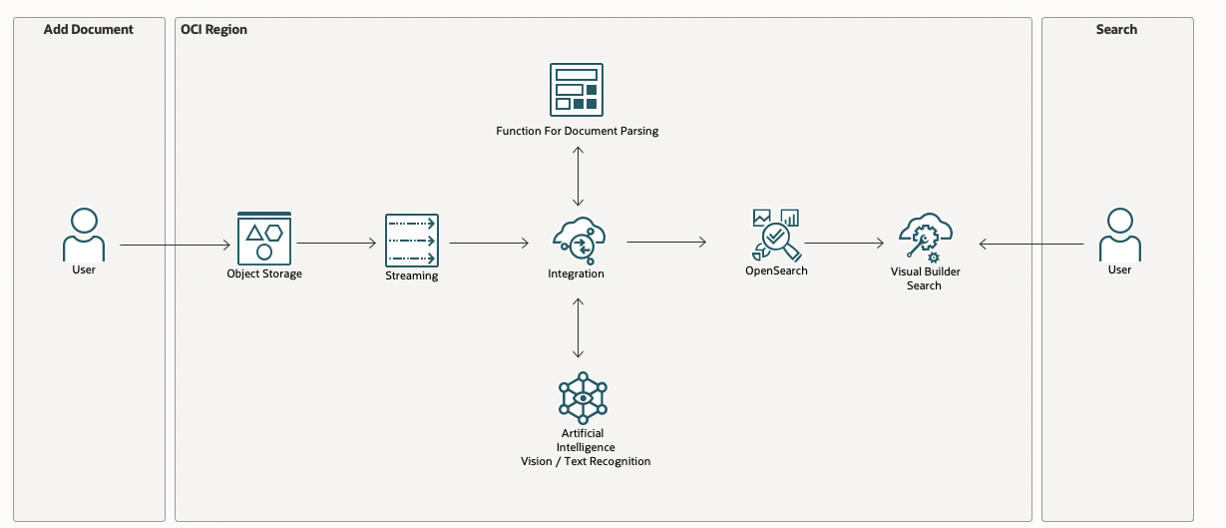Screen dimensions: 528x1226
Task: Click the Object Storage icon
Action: pos(264,238)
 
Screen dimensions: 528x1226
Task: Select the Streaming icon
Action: pos(412,240)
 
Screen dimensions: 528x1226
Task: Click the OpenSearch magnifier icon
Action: pos(776,234)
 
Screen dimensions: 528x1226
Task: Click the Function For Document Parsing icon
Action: pos(578,90)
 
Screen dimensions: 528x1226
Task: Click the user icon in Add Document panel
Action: pos(84,235)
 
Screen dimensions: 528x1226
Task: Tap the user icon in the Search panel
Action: pos(1119,235)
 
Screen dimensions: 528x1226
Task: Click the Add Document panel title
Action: pos(88,30)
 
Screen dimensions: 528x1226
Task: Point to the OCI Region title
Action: pos(213,30)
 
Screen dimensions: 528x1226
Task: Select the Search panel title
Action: pos(1116,30)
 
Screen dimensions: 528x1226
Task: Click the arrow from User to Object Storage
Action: pos(175,244)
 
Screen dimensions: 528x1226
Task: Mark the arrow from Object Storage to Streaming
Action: pos(336,243)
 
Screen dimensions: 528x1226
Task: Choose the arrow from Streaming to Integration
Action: pos(489,243)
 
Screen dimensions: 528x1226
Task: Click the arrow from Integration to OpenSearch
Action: pos(666,242)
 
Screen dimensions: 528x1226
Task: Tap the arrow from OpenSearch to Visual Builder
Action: pos(844,243)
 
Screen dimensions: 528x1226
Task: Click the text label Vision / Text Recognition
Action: pos(586,461)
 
